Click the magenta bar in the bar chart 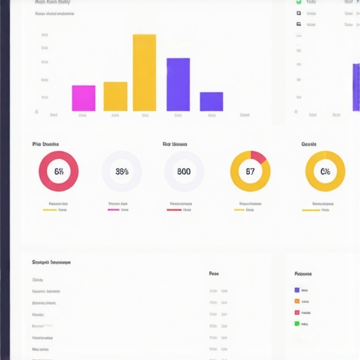pyautogui.click(x=84, y=98)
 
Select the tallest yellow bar pyautogui.click(x=144, y=72)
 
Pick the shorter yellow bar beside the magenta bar pyautogui.click(x=115, y=96)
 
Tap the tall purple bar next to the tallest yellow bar pyautogui.click(x=178, y=84)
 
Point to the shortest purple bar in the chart pyautogui.click(x=211, y=101)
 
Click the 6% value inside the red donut pyautogui.click(x=58, y=172)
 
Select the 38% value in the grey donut pyautogui.click(x=122, y=172)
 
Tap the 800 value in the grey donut pyautogui.click(x=184, y=172)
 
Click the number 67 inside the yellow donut pyautogui.click(x=250, y=172)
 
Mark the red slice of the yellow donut pyautogui.click(x=259, y=157)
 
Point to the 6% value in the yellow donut pyautogui.click(x=325, y=172)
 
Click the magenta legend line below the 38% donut pyautogui.click(x=113, y=210)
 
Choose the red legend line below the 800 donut pyautogui.click(x=174, y=210)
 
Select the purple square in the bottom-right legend pyautogui.click(x=297, y=290)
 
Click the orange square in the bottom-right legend pyautogui.click(x=297, y=301)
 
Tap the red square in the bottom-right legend pyautogui.click(x=297, y=312)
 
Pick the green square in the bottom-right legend pyautogui.click(x=297, y=323)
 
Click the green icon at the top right pyautogui.click(x=299, y=2)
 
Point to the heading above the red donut pyautogui.click(x=46, y=144)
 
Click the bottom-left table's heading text pyautogui.click(x=51, y=262)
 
